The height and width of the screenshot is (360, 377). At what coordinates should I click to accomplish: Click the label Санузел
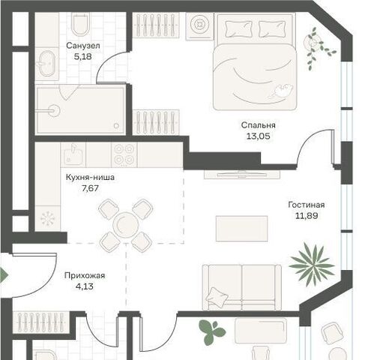[83, 46]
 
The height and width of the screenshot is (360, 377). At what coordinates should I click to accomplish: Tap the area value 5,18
[83, 57]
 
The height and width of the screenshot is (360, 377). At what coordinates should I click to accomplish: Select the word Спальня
[259, 125]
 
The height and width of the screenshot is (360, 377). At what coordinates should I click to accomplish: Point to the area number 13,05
[259, 136]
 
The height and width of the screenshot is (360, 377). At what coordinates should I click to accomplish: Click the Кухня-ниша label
[90, 178]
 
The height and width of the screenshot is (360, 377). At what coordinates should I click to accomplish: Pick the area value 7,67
[91, 188]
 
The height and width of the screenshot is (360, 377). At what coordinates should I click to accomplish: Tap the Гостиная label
[307, 205]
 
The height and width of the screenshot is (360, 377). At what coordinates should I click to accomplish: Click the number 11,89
[307, 216]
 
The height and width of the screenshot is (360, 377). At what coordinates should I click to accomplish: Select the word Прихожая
[85, 275]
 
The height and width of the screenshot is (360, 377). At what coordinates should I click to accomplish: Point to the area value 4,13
[85, 286]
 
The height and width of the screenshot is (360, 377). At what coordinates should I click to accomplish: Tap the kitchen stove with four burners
[124, 155]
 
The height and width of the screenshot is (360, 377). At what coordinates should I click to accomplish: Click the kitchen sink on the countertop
[73, 154]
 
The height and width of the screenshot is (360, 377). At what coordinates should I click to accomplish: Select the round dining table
[125, 224]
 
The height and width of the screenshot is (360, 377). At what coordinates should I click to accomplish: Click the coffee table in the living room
[241, 229]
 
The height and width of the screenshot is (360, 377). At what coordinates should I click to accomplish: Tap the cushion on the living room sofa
[217, 296]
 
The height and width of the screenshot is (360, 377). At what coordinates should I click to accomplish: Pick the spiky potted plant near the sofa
[312, 264]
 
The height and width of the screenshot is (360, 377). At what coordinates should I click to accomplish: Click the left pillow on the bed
[238, 29]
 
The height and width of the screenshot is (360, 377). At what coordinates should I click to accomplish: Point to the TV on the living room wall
[241, 174]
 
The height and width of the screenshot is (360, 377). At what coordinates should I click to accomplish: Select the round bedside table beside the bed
[199, 25]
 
